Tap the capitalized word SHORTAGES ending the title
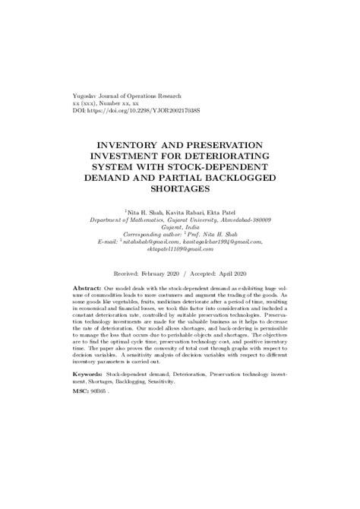tap(179, 188)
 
